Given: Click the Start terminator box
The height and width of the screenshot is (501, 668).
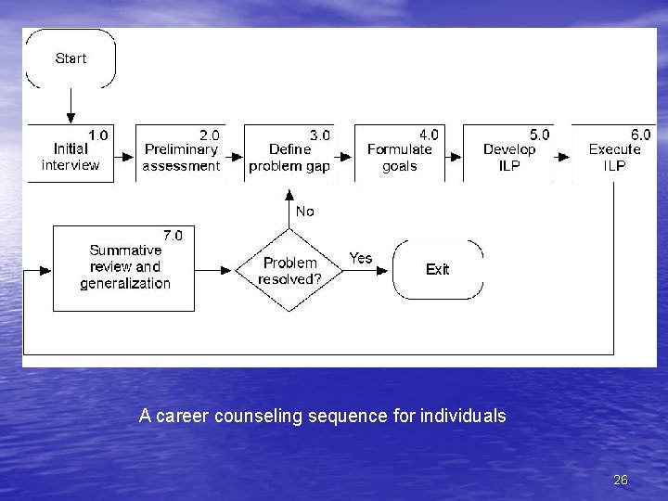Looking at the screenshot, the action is pyautogui.click(x=71, y=58).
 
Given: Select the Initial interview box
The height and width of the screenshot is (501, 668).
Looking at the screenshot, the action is pyautogui.click(x=71, y=153).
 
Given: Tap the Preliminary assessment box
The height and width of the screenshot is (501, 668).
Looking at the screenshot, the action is pyautogui.click(x=181, y=153).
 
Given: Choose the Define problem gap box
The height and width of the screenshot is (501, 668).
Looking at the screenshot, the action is pyautogui.click(x=289, y=153).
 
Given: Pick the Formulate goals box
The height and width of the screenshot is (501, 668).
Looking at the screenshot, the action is pyautogui.click(x=399, y=153).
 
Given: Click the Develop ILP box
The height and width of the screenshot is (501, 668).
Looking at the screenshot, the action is pyautogui.click(x=508, y=153).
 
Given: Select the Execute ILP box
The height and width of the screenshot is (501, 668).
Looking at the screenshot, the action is pyautogui.click(x=614, y=153).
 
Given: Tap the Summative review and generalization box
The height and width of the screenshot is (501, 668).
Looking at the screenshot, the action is pyautogui.click(x=124, y=268).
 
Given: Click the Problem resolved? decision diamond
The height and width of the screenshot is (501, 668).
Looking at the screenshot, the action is pyautogui.click(x=289, y=270).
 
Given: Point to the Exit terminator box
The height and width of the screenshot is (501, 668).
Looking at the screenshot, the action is pyautogui.click(x=438, y=269).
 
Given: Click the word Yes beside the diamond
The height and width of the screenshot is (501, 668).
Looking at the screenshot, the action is pyautogui.click(x=360, y=258).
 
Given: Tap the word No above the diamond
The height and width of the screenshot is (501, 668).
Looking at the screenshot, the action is pyautogui.click(x=304, y=212).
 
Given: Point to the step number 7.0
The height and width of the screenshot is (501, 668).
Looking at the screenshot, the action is pyautogui.click(x=173, y=236).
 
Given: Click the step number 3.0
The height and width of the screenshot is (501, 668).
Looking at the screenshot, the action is pyautogui.click(x=320, y=135).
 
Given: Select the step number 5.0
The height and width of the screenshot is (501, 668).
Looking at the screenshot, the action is pyautogui.click(x=539, y=135).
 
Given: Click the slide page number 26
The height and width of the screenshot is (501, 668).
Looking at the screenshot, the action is pyautogui.click(x=621, y=480).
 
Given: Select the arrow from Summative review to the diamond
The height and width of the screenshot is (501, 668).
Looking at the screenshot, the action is pyautogui.click(x=214, y=270).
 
